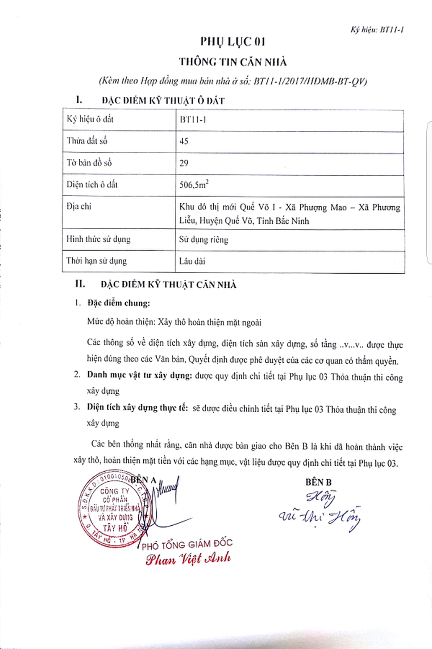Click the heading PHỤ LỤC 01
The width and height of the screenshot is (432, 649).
[232, 42]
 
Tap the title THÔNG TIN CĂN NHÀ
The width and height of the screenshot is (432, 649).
[233, 62]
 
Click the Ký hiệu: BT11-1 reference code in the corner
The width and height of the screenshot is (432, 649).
[377, 30]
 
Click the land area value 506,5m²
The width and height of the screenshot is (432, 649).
[194, 185]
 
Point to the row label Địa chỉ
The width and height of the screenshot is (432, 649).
[79, 206]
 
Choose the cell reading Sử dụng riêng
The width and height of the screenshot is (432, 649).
[204, 239]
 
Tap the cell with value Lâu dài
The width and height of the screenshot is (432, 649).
[192, 261]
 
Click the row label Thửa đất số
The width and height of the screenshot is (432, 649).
[87, 141]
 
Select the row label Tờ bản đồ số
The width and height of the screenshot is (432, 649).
[89, 163]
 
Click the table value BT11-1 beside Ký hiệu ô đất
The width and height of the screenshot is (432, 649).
[193, 120]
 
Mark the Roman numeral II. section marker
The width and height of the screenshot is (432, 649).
[80, 284]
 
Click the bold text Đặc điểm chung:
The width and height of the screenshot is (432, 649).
[119, 303]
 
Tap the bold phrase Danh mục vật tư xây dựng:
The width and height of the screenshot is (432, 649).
[139, 375]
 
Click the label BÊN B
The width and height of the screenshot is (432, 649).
[319, 482]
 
